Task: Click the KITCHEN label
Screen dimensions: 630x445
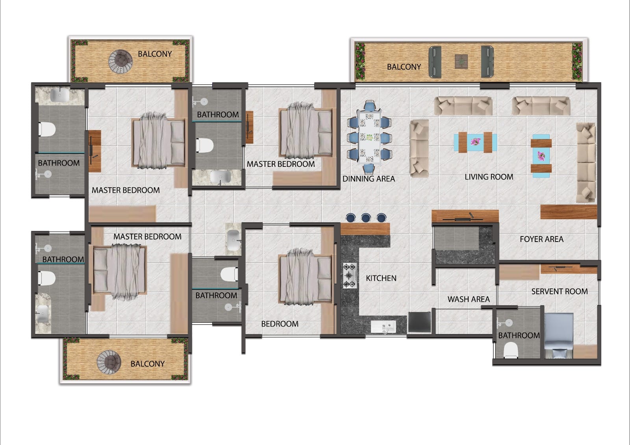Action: point(381,278)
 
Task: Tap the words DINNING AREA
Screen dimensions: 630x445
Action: point(369,179)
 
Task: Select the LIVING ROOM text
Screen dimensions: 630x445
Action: point(489,177)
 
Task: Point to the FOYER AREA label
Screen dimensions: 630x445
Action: point(542,239)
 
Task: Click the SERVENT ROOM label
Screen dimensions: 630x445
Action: point(560,291)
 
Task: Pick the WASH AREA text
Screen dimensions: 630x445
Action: point(469,299)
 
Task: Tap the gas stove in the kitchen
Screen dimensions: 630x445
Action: point(350,275)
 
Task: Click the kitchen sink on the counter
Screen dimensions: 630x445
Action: point(384,327)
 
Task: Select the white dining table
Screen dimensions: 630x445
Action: point(369,137)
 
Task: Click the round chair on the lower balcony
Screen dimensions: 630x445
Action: point(109,362)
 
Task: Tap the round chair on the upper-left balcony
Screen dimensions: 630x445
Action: point(120,61)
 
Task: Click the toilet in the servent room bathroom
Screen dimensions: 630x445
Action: point(510,350)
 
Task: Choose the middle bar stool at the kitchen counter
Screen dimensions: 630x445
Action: point(366,218)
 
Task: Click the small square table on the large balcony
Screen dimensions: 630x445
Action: point(461,61)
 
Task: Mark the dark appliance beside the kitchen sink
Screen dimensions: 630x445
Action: point(419,322)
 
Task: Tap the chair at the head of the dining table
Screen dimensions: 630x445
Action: point(370,105)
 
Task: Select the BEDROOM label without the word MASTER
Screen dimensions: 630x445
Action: point(280,324)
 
